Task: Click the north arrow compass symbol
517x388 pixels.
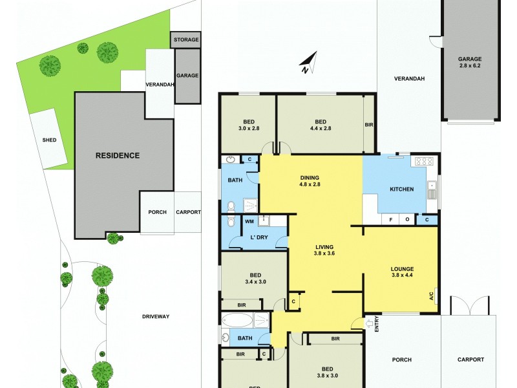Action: click(x=308, y=63)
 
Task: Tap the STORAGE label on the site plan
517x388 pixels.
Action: click(x=186, y=40)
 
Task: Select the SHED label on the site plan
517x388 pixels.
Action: click(x=50, y=140)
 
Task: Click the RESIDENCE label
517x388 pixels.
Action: click(x=118, y=155)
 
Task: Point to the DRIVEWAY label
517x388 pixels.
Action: click(x=156, y=316)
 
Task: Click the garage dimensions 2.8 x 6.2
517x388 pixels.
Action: click(x=470, y=65)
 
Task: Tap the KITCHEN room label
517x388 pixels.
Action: click(x=401, y=189)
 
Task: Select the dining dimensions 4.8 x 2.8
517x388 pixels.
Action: click(x=310, y=184)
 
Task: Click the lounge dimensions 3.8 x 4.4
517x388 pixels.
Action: click(x=402, y=276)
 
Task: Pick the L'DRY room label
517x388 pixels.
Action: click(x=259, y=238)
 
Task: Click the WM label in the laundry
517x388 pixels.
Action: click(x=249, y=221)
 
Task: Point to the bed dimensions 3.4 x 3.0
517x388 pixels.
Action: click(x=255, y=281)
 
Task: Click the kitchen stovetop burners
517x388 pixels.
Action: click(x=423, y=161)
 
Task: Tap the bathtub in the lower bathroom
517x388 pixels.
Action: click(x=235, y=320)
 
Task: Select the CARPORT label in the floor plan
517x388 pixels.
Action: click(x=470, y=360)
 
